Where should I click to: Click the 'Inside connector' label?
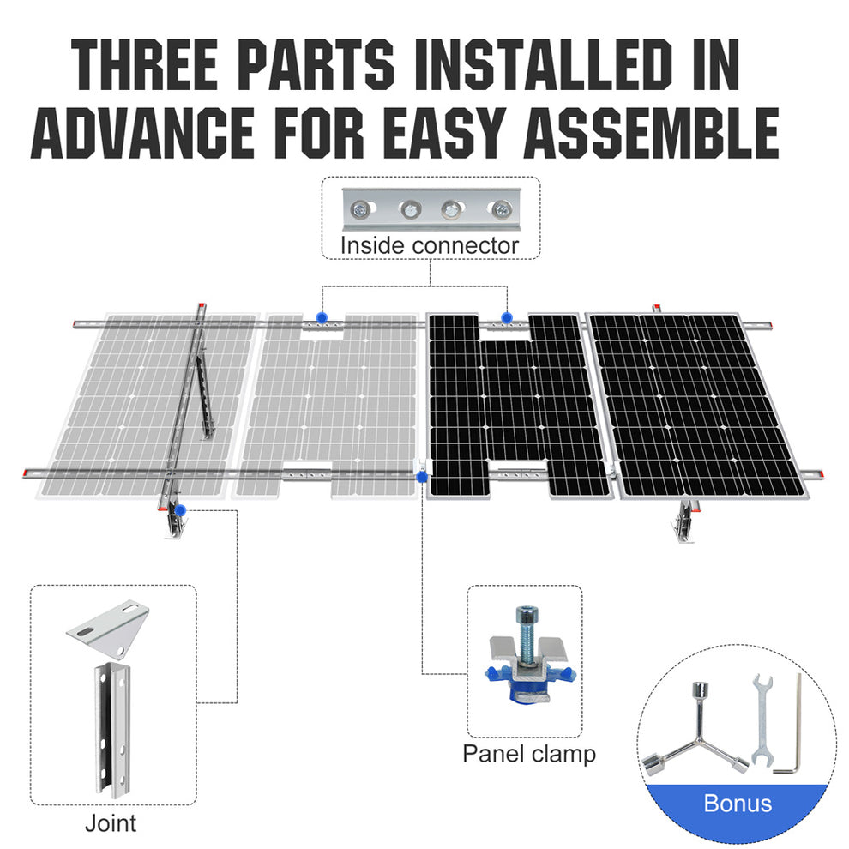(x=430, y=246)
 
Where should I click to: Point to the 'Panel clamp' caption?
(x=529, y=754)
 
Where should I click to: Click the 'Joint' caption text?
(x=111, y=823)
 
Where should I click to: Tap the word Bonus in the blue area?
(x=738, y=804)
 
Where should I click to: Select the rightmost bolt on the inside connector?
(x=500, y=208)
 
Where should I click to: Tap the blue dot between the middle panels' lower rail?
(x=421, y=474)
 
